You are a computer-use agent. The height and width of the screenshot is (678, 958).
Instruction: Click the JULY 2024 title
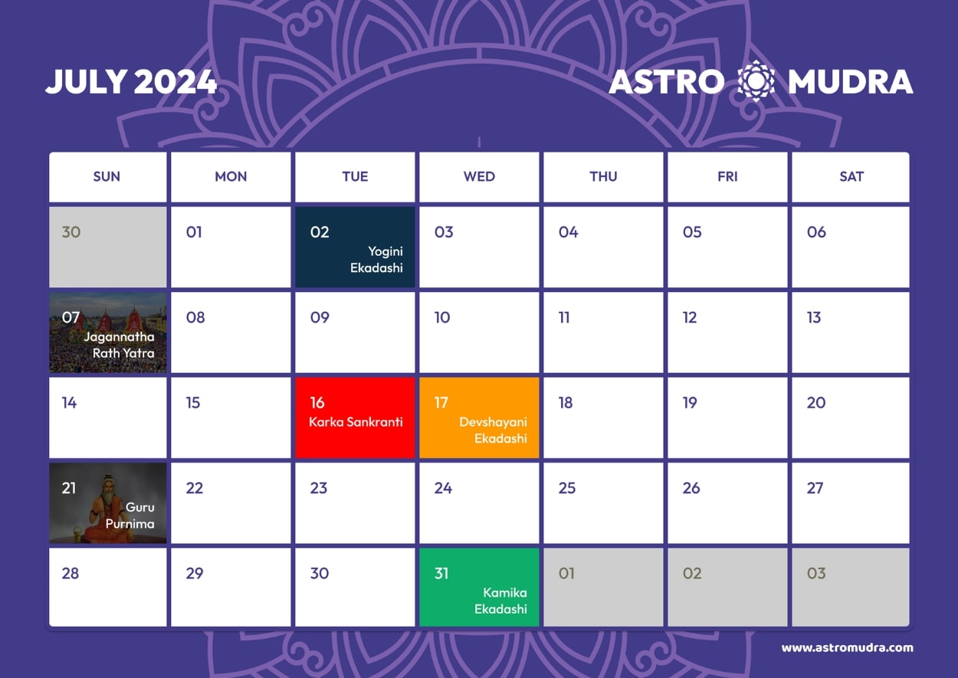(131, 82)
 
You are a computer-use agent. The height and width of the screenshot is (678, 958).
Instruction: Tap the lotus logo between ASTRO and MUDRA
(756, 81)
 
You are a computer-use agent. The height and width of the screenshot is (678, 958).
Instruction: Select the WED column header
(479, 177)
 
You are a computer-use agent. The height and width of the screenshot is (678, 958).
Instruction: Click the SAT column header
(851, 177)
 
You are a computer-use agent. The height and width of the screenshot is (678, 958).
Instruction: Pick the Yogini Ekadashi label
(376, 260)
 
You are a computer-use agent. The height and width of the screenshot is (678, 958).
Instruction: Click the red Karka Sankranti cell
(356, 418)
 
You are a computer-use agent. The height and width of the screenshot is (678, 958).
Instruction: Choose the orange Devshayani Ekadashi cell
(480, 418)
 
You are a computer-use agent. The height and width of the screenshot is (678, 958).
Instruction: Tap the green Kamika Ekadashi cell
(480, 588)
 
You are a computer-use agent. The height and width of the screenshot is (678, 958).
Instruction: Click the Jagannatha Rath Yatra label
(120, 345)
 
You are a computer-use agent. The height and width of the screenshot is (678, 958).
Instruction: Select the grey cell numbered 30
(108, 247)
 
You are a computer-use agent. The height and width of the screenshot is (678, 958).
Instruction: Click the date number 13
(814, 317)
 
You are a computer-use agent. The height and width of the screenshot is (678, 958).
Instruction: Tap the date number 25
(567, 488)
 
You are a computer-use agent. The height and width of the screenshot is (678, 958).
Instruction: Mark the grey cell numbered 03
(851, 588)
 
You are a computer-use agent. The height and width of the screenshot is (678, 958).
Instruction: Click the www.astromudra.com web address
(847, 647)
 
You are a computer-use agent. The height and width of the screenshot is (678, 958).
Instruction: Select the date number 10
(442, 317)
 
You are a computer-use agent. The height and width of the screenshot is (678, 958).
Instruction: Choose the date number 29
(195, 573)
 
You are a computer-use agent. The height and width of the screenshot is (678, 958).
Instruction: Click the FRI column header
(727, 177)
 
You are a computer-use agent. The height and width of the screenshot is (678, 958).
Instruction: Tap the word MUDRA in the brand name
(850, 82)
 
